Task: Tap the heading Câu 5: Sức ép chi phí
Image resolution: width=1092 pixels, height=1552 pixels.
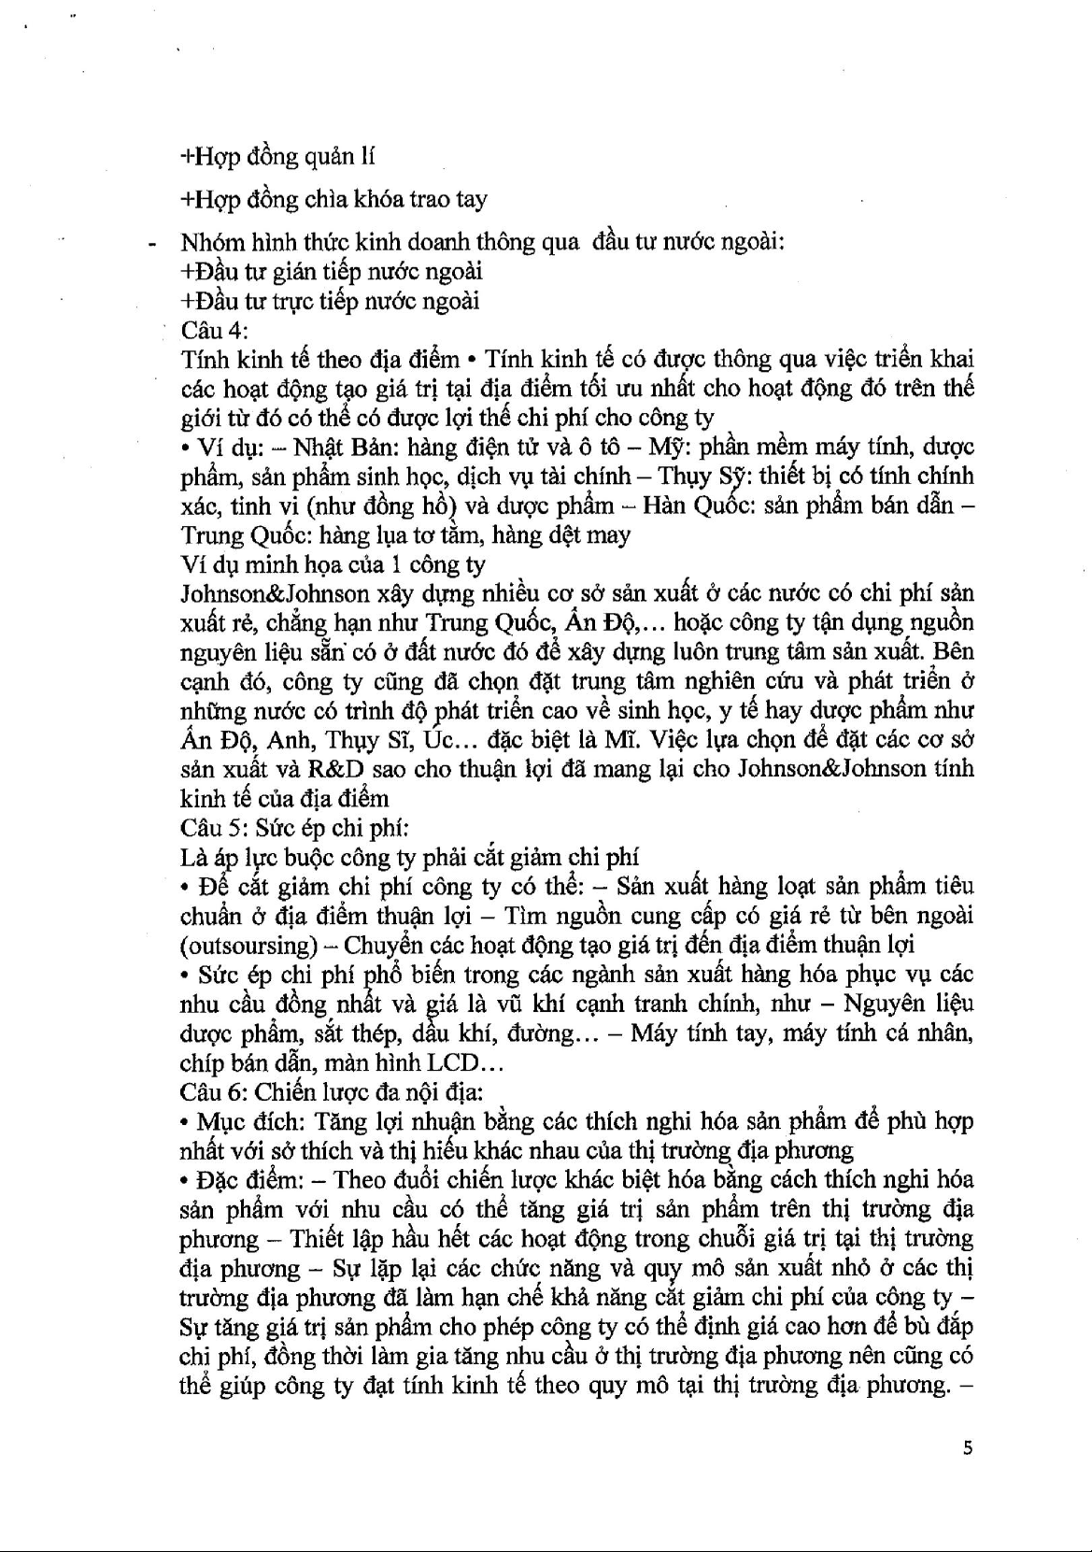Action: (x=294, y=828)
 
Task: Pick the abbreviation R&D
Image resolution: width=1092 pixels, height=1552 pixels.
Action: (x=341, y=769)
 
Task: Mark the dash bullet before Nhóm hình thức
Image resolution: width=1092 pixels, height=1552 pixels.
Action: (x=150, y=244)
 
